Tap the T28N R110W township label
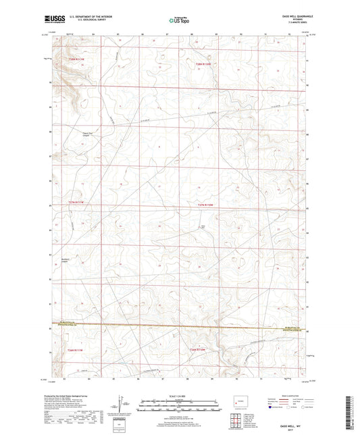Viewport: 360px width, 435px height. coord(203,64)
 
